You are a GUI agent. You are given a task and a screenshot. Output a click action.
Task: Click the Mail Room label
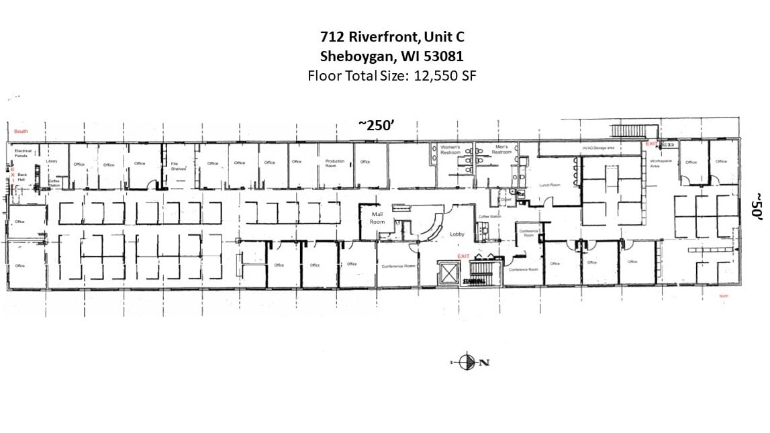[377, 218]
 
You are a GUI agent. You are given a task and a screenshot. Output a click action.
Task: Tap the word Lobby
[457, 234]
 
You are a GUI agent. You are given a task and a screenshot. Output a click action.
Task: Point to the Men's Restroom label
[501, 149]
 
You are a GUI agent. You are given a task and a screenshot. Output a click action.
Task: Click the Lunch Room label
[549, 185]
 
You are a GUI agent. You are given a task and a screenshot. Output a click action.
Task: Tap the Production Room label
[334, 163]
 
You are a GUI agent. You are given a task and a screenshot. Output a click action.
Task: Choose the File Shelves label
[178, 166]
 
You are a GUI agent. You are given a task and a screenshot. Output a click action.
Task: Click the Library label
[52, 161]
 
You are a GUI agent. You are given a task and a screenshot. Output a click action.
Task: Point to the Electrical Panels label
[23, 154]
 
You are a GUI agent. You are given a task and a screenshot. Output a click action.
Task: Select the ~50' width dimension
[756, 205]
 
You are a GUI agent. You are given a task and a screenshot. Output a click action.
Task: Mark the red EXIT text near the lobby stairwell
[463, 256]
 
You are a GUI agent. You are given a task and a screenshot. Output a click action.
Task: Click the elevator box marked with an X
[447, 273]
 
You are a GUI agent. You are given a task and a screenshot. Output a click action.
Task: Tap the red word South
[21, 132]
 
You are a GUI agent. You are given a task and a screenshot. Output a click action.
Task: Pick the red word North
[723, 296]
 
